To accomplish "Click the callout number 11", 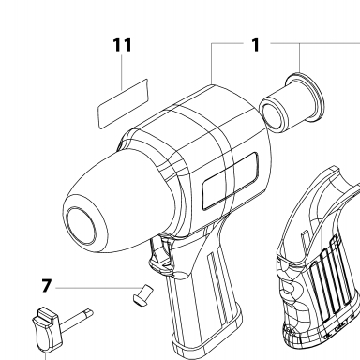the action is point(122,45).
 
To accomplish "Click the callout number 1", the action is point(256,45).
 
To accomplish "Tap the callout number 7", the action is point(46,286).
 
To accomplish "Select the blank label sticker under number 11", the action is point(123,103).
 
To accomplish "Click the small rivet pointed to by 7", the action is point(142,294).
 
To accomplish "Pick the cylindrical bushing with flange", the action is point(292,102).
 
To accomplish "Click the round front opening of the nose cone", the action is point(81,226).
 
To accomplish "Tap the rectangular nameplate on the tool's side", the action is point(231,181).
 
